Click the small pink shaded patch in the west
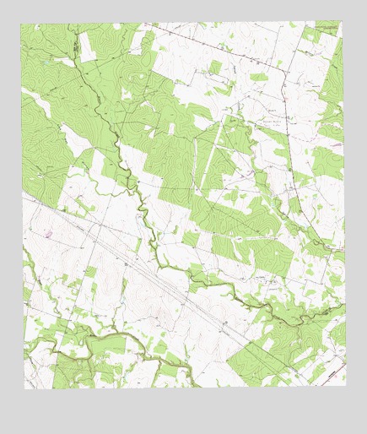point(48,233)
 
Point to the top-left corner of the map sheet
point(21,24)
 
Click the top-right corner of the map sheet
point(342,23)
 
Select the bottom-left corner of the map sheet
point(24,388)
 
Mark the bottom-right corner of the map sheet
point(345,386)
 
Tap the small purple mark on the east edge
point(337,145)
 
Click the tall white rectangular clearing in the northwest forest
point(87,46)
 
